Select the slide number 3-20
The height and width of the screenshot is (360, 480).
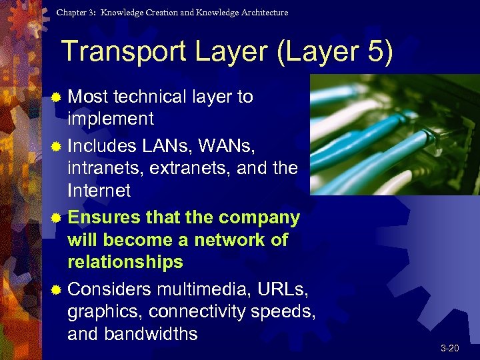coord(451,349)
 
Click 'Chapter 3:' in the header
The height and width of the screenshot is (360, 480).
coord(75,13)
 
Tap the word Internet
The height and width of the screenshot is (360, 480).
coord(99,191)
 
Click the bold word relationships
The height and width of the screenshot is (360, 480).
coord(125,262)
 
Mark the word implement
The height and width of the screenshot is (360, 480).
coord(111,119)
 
